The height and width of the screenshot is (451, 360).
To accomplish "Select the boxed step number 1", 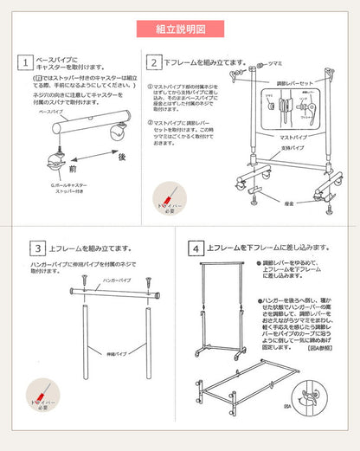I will (27, 63).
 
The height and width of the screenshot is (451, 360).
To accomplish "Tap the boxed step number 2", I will (153, 63).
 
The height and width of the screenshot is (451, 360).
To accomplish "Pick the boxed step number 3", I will (37, 248).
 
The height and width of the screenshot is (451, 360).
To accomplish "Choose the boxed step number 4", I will (197, 248).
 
